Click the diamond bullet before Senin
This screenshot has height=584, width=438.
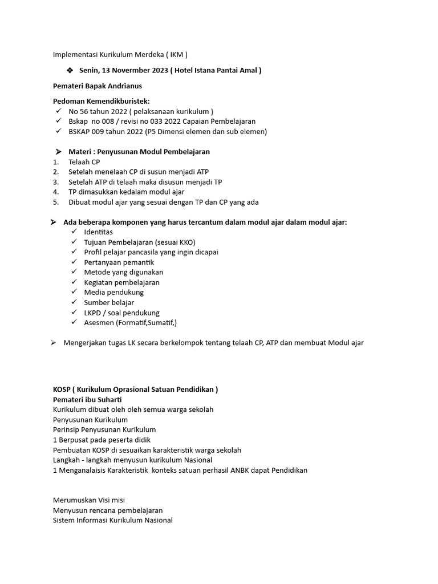click(x=70, y=70)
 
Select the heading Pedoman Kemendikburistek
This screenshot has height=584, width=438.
click(x=101, y=101)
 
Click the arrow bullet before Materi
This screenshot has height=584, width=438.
click(x=58, y=152)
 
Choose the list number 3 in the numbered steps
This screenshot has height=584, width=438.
click(x=56, y=182)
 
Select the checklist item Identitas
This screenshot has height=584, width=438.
click(x=98, y=232)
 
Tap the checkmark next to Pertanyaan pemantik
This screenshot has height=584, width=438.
click(x=74, y=262)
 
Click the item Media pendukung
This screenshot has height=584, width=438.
click(x=113, y=293)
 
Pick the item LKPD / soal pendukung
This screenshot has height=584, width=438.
click(x=121, y=313)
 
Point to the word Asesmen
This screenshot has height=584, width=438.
click(x=99, y=323)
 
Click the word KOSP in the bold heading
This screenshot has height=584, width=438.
click(x=62, y=390)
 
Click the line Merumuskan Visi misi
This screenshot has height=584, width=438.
click(x=88, y=500)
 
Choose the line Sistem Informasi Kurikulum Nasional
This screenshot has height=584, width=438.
click(x=112, y=520)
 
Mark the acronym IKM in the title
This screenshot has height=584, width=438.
click(x=175, y=55)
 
